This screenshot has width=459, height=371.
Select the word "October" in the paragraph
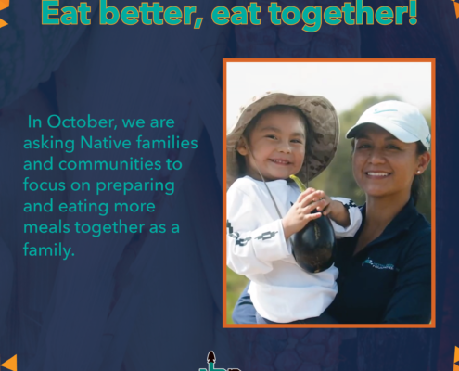pos(82,122)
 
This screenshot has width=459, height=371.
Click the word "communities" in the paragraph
pos(110,164)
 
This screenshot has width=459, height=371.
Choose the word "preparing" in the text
pos(135,186)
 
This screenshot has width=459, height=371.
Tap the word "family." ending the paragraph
pos(49,249)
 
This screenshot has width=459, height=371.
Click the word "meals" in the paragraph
pos(46,227)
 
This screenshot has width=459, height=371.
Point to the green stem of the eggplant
pos(299,183)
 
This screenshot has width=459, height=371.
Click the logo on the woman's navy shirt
pos(378,264)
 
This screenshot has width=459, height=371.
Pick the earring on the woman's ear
pos(419,172)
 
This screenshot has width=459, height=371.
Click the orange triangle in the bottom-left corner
pos(9,363)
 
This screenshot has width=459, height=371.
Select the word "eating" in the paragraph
pos(83,207)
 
